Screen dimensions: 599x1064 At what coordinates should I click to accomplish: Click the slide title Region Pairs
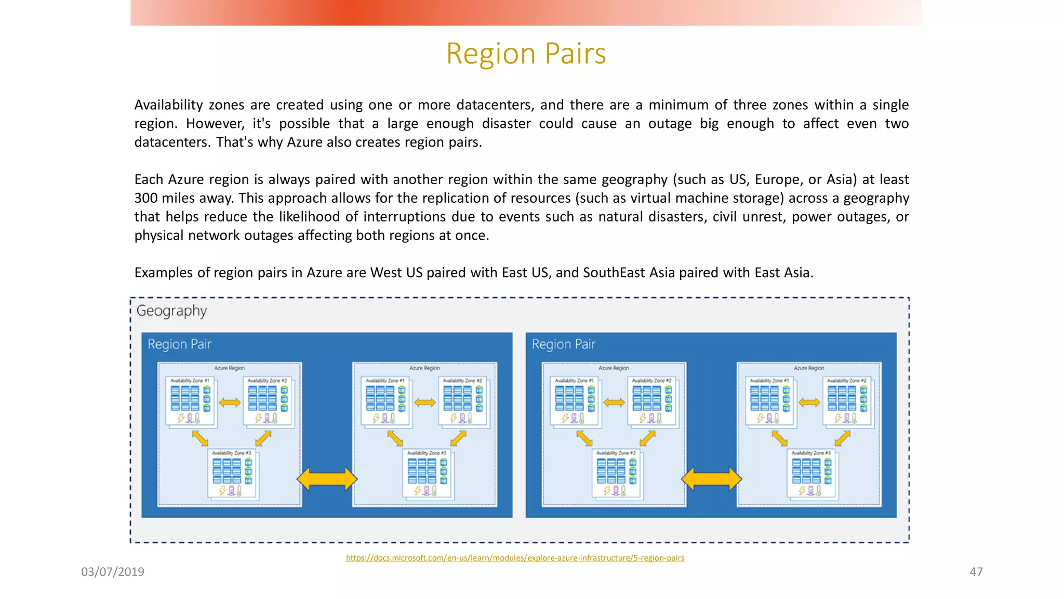point(526,54)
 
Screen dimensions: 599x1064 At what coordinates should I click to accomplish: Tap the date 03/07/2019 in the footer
point(113,571)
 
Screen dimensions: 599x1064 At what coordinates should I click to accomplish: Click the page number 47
point(976,571)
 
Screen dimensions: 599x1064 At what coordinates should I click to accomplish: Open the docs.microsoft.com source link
point(515,558)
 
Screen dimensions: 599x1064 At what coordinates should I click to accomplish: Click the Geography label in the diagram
point(171,310)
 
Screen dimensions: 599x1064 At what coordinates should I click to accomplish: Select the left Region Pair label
point(179,344)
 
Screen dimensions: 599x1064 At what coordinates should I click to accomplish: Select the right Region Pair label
point(563,344)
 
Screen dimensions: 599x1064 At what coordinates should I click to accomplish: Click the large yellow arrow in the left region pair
point(327,479)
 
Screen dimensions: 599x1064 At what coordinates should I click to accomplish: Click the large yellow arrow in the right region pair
point(711,479)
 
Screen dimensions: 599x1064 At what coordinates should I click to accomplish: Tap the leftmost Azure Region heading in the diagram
point(229,368)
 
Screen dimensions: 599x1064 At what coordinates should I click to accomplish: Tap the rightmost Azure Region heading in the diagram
point(808,368)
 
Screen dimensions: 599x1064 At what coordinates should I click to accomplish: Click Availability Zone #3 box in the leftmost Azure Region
point(232,473)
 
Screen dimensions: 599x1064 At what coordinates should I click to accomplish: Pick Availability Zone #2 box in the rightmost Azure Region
point(847,401)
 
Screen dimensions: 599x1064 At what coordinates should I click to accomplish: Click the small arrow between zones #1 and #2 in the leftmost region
point(230,402)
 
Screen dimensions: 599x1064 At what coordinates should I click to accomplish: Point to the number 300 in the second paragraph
point(146,198)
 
